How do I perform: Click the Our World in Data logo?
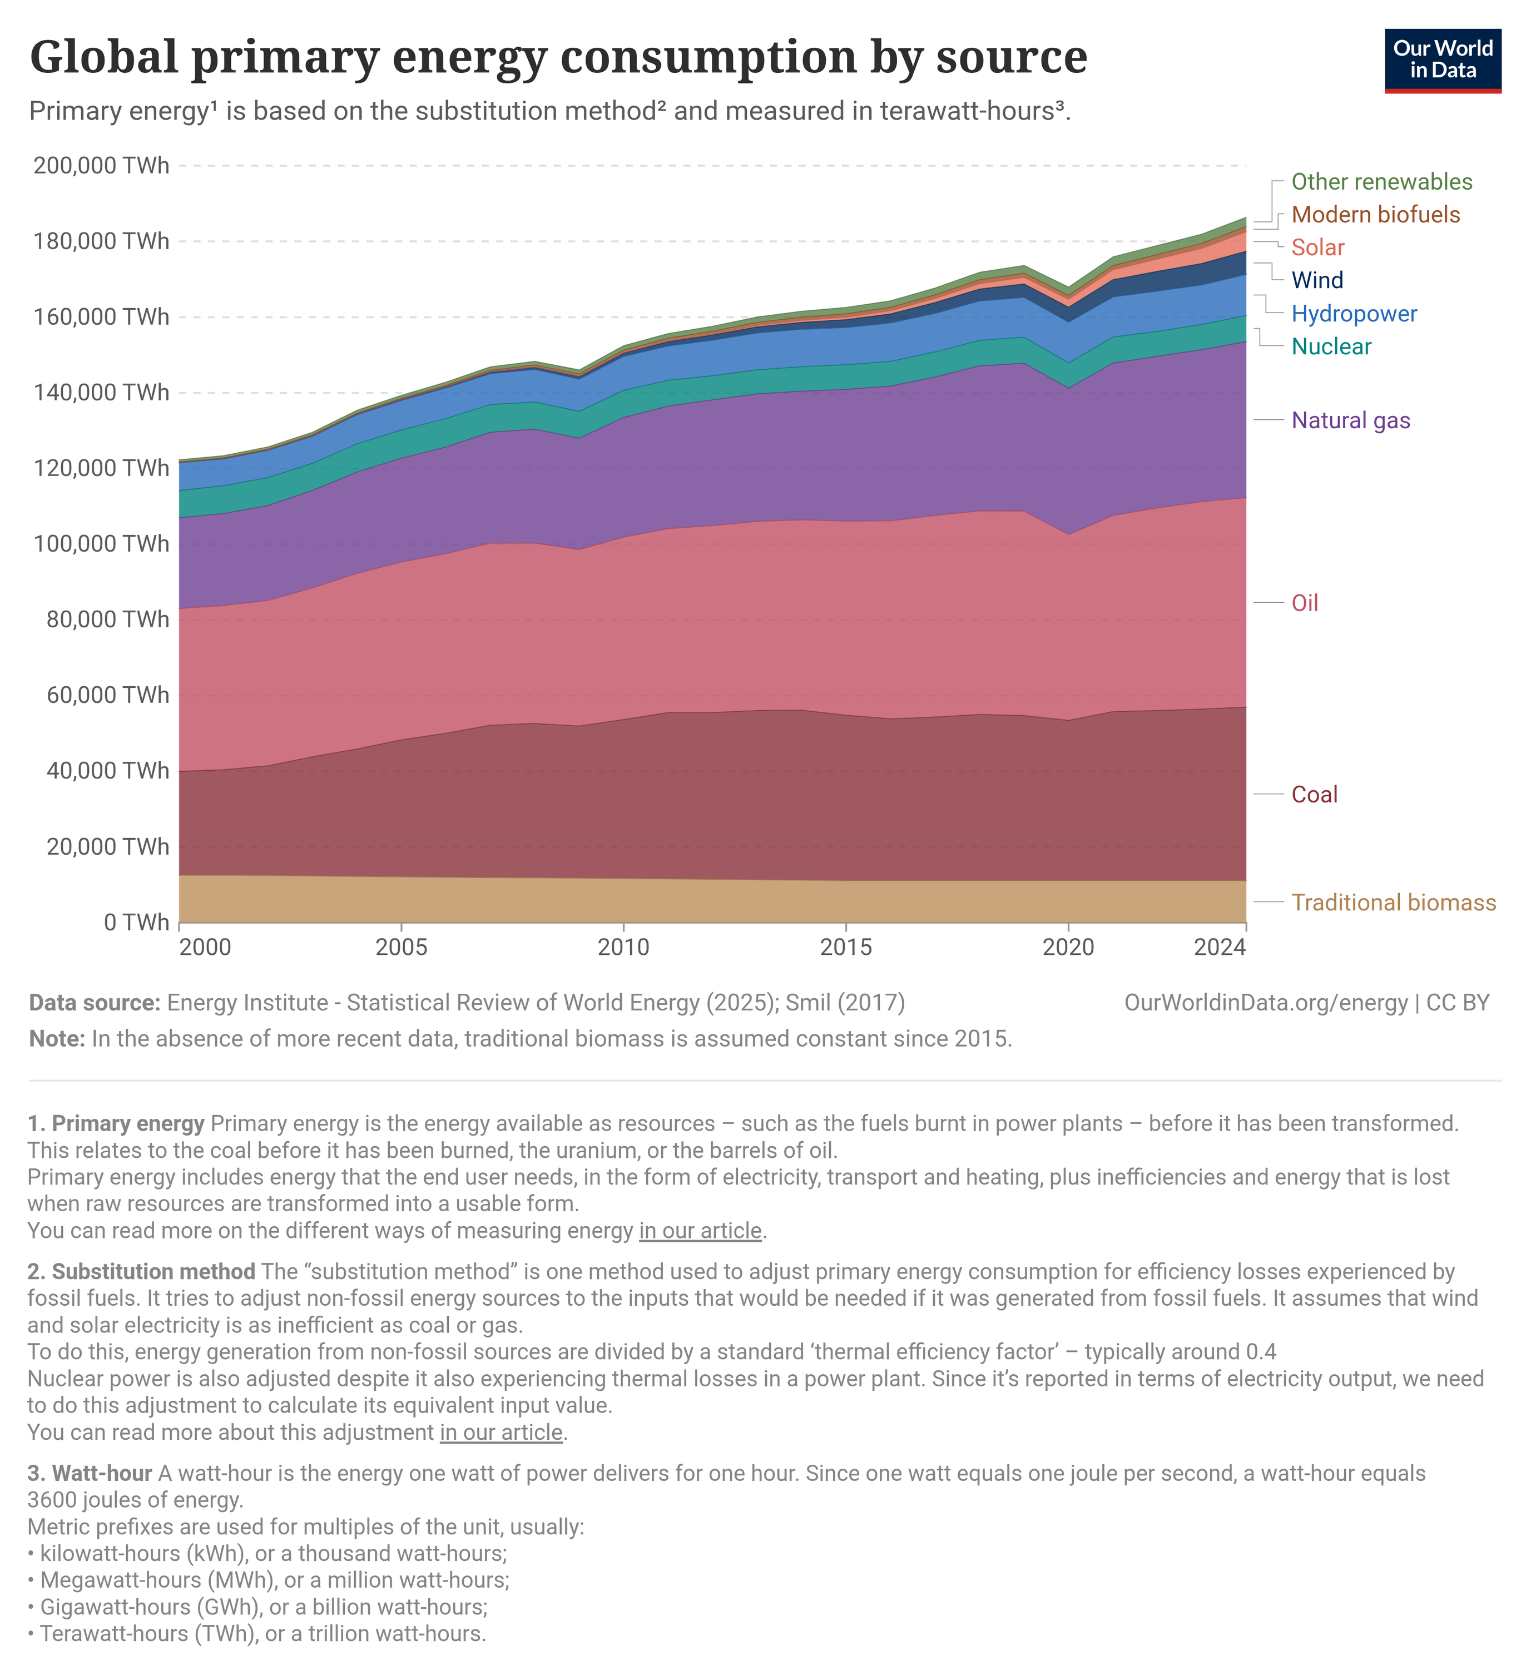1442,61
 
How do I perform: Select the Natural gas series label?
1350,420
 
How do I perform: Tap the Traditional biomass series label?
1393,903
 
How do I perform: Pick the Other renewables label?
1381,182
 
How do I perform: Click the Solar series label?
1317,247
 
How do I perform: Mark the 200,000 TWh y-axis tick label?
101,165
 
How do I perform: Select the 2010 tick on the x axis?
623,947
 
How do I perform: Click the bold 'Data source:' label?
95,1003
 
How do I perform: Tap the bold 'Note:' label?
57,1039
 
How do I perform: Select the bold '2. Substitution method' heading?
141,1271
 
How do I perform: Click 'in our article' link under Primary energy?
700,1231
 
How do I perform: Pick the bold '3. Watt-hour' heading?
90,1473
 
